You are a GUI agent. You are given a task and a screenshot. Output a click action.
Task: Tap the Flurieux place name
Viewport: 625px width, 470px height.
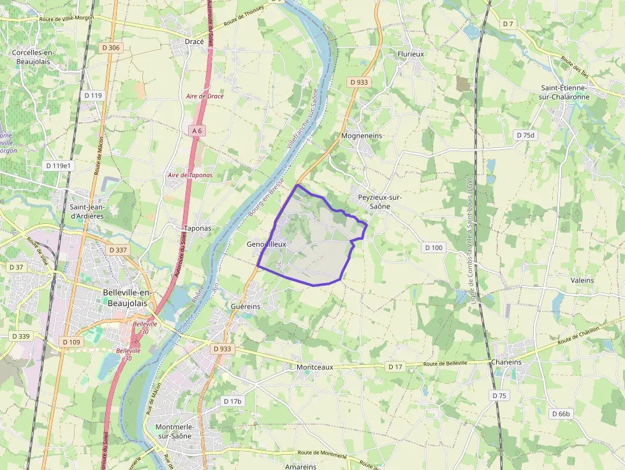tap(411, 54)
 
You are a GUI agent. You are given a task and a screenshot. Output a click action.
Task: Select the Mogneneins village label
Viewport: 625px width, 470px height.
tap(362, 136)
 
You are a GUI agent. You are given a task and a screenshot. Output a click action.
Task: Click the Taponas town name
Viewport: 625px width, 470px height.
tap(197, 228)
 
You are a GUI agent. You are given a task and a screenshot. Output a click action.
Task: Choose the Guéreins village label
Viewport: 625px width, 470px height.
tap(246, 307)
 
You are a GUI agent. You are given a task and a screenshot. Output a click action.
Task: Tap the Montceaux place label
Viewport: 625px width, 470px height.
tap(314, 367)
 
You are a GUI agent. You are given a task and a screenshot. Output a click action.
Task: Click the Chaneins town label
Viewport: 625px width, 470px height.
tap(506, 362)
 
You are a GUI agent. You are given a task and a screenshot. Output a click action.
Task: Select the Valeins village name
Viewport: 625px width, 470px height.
tap(582, 281)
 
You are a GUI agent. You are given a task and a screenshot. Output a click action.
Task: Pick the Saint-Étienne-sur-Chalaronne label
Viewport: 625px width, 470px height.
tap(565, 92)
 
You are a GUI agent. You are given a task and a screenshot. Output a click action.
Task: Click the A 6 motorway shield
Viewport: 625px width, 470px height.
tap(196, 131)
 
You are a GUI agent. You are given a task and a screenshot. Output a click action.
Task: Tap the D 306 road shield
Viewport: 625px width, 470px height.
tap(110, 48)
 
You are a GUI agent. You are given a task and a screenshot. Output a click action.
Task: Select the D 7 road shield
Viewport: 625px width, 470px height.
tap(508, 24)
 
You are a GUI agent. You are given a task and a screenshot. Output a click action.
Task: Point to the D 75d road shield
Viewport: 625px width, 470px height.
tap(526, 135)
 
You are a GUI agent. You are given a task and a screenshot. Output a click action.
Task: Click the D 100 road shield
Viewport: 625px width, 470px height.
tap(433, 247)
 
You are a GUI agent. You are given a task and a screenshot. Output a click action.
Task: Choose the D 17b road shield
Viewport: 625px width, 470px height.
tap(233, 401)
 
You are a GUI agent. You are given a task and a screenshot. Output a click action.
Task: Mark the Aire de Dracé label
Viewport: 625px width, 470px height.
tap(205, 96)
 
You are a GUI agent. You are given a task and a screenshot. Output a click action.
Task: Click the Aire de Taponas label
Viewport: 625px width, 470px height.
tap(190, 175)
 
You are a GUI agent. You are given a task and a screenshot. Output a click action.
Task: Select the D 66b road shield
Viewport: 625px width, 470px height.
tap(561, 414)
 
